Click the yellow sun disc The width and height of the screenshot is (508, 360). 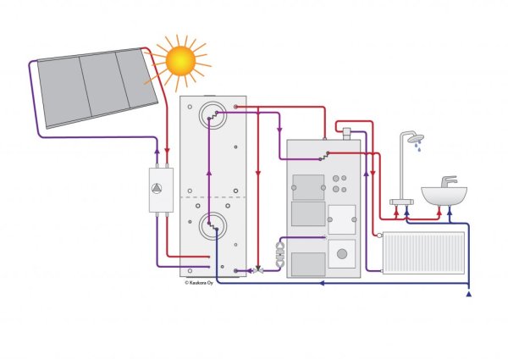pos(180,61)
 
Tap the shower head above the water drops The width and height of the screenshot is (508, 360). pos(416,138)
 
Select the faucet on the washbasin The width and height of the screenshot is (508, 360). pos(449,181)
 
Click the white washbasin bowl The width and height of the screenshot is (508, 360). pos(444,196)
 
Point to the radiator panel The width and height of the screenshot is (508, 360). pos(423,252)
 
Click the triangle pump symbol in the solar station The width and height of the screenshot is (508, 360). pos(157,188)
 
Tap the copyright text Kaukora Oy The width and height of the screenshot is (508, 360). pos(199,283)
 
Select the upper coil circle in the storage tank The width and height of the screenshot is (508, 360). pos(213,115)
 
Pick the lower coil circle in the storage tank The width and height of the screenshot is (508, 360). pos(213,226)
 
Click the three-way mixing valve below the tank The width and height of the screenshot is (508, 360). pos(258,270)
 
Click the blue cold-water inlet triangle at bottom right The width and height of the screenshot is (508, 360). pos(468,294)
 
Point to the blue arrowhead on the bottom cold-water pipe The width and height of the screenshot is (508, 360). pos(322,283)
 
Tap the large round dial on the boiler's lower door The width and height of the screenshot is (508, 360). pos(342,254)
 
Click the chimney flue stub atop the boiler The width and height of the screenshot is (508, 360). pos(346,134)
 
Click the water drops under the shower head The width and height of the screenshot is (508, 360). pos(418,146)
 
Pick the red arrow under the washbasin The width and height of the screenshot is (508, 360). pos(439,211)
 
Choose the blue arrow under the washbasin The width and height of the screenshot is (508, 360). pos(450,211)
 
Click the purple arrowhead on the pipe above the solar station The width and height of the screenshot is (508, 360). pos(157,151)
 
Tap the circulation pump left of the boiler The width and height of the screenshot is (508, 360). pos(280,255)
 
